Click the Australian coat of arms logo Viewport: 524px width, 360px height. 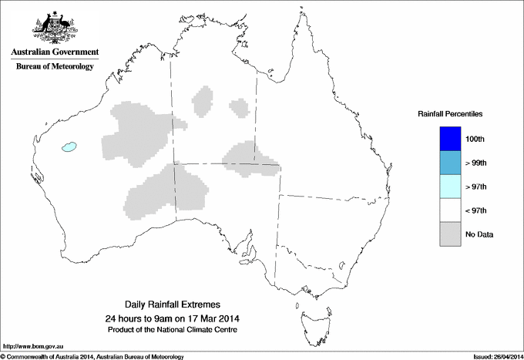[x=54, y=28]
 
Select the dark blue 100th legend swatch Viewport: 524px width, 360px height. [x=450, y=138]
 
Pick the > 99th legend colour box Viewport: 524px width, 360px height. [x=450, y=163]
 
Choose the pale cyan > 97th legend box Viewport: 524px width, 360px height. [x=450, y=187]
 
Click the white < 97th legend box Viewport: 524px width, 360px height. [x=450, y=210]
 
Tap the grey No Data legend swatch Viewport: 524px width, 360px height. [x=450, y=234]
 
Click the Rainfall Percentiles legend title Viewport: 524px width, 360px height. [x=450, y=113]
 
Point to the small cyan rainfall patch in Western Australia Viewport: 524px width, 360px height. [x=71, y=145]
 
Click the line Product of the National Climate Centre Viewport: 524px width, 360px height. [x=170, y=329]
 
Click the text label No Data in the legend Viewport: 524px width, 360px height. [x=479, y=234]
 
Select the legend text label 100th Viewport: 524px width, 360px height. [x=475, y=139]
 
